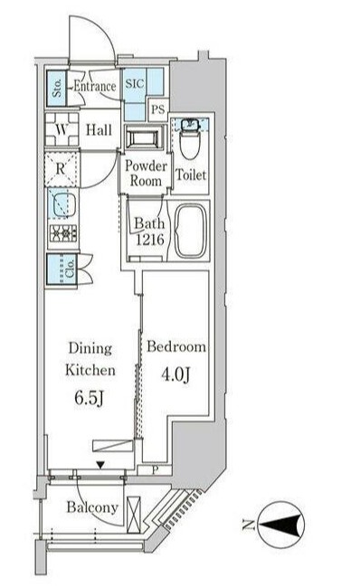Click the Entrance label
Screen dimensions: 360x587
95,87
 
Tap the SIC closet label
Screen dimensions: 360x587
135,83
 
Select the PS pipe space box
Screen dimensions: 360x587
158,109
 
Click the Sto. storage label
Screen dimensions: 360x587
57,89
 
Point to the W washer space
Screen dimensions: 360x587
62,129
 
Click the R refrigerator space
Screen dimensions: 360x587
62,169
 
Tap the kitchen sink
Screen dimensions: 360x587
62,204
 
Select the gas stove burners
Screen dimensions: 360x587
63,233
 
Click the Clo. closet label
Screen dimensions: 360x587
70,270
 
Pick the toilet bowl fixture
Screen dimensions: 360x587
190,140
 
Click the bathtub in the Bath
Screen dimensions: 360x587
191,232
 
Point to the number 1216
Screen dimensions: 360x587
149,239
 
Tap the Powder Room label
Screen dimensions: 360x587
146,174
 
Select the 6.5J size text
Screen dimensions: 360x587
89,398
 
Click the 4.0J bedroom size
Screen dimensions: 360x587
175,374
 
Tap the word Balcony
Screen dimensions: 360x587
92,507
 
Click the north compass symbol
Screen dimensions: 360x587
281,525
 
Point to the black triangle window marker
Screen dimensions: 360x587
100,465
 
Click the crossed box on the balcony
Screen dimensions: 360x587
134,515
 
